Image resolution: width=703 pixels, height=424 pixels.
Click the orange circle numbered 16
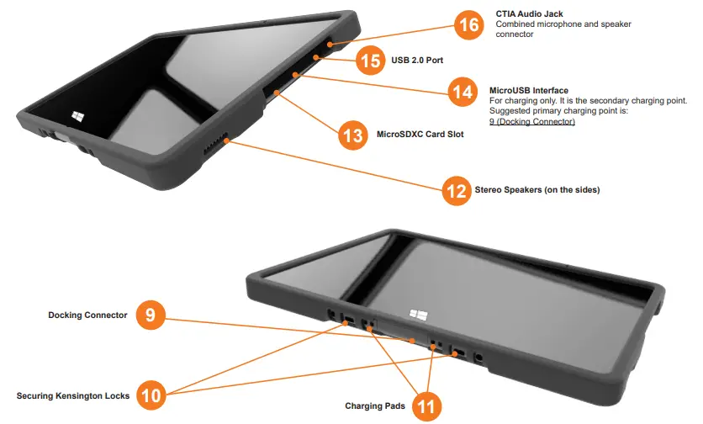coord(468,25)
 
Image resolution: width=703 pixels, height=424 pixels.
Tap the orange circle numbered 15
coord(370,61)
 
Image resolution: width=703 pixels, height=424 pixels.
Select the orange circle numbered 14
coord(462,92)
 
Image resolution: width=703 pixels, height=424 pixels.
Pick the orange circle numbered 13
coord(352,135)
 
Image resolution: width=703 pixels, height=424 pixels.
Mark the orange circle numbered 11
coord(426,407)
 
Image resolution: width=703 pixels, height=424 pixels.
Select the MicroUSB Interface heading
coord(528,90)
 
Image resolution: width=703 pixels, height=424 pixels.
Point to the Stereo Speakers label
coord(537,190)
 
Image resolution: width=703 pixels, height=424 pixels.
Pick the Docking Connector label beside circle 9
coord(87,315)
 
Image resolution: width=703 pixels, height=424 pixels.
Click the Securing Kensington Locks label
coord(73,395)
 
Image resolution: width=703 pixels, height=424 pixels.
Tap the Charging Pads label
coord(375,406)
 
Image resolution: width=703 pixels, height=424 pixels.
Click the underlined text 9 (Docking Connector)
coord(532,122)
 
